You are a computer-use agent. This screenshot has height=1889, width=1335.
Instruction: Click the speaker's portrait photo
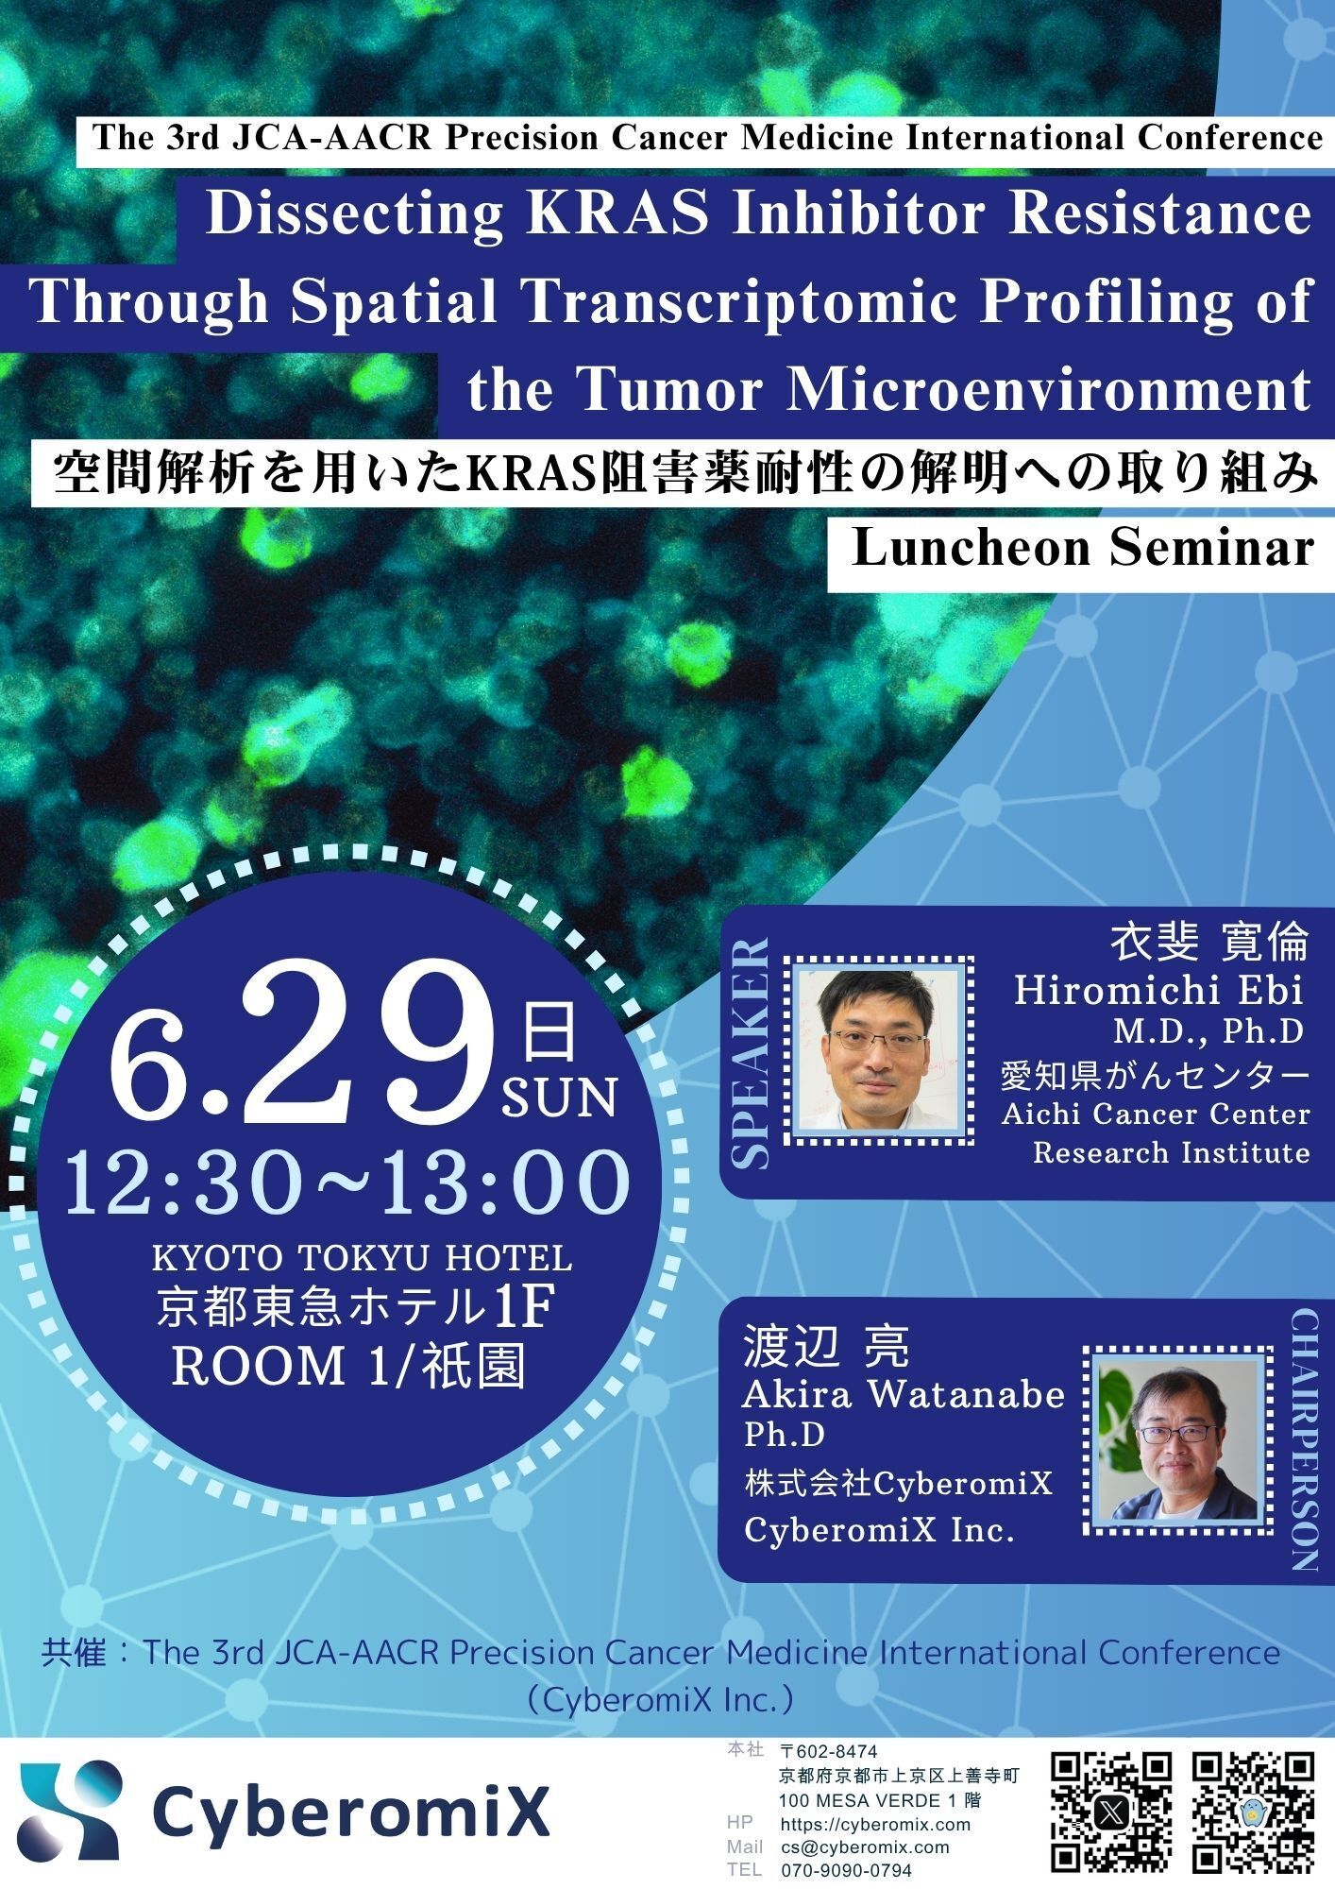coord(878,1049)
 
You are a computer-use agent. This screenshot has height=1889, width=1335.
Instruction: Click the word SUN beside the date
coord(559,1097)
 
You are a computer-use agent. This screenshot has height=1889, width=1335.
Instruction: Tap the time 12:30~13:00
coord(346,1183)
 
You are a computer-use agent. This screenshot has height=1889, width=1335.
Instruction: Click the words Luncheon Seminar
coord(1083,548)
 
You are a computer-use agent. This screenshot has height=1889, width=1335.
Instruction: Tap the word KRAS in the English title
coord(618,214)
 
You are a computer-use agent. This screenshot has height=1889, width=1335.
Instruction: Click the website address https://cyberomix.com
coord(875,1825)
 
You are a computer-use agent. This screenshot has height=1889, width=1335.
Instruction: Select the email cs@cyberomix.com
coord(865,1847)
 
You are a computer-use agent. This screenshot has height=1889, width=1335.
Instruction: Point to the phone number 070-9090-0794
coord(846,1870)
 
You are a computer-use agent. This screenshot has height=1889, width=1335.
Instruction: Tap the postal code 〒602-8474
coord(829,1753)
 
